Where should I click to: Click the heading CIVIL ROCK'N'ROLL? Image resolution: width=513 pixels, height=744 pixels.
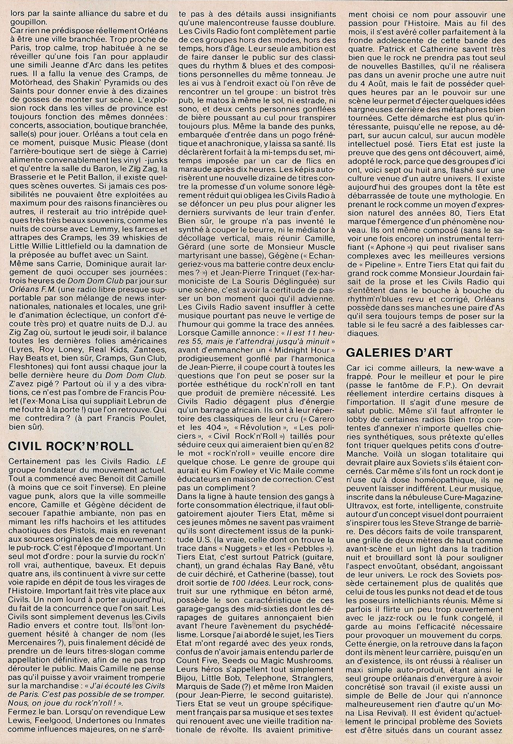[x=70, y=446]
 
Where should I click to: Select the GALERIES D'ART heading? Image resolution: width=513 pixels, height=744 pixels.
[x=397, y=353]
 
